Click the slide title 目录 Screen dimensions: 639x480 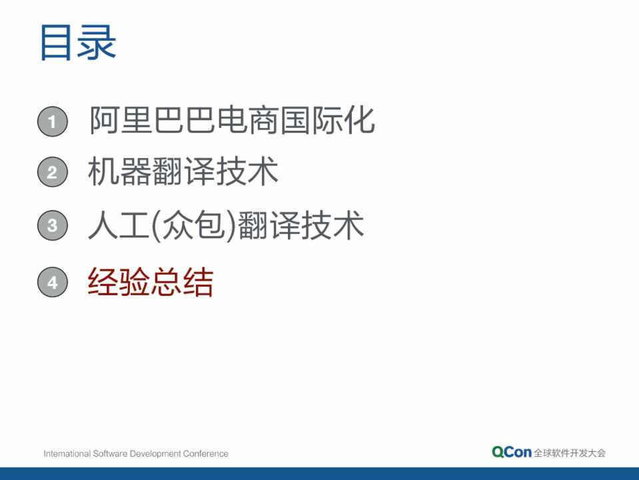(78, 43)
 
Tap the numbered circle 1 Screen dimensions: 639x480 (53, 121)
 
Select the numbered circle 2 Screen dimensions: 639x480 (53, 172)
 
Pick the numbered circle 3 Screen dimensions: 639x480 (53, 225)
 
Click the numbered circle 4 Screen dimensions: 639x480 (53, 282)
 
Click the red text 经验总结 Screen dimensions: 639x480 (151, 282)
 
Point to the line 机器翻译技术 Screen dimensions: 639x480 (183, 171)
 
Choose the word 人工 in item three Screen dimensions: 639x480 (119, 225)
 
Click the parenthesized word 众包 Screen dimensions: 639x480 (194, 225)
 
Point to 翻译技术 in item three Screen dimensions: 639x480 (301, 225)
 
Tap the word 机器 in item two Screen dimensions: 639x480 (119, 171)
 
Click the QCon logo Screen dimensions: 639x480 (512, 452)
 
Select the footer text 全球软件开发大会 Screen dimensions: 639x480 (570, 453)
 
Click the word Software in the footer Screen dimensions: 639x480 (110, 453)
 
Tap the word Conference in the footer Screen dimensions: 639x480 (205, 453)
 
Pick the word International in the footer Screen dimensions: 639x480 (67, 453)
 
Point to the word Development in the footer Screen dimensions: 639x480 (155, 454)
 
